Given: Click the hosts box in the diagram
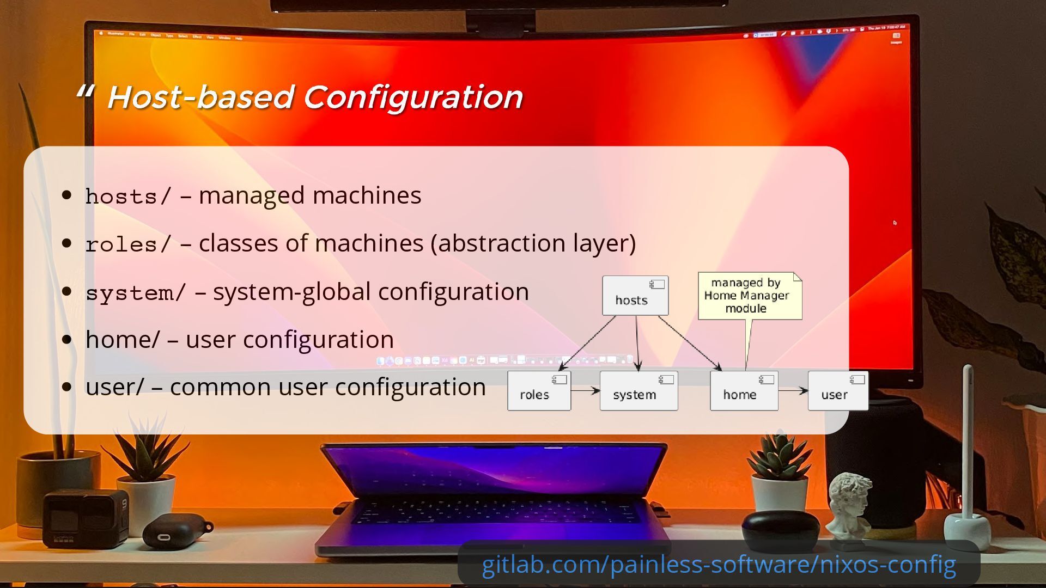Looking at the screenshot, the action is click(635, 296).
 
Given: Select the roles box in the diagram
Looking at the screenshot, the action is click(539, 391).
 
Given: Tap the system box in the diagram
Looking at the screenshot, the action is click(638, 391).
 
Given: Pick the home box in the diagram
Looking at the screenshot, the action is click(744, 391).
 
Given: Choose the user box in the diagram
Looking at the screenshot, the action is click(837, 391).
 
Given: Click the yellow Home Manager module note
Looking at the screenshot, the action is click(749, 296).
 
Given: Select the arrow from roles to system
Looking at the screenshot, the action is click(585, 390).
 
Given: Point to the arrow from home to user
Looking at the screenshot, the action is click(793, 390).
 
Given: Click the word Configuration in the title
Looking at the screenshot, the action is click(412, 97).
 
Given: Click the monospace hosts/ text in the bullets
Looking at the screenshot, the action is click(129, 197).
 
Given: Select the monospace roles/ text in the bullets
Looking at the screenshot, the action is click(129, 244).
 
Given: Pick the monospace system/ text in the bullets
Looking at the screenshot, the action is click(136, 293).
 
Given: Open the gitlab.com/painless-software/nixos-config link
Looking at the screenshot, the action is click(719, 565).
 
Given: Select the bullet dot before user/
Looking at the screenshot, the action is click(67, 387).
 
